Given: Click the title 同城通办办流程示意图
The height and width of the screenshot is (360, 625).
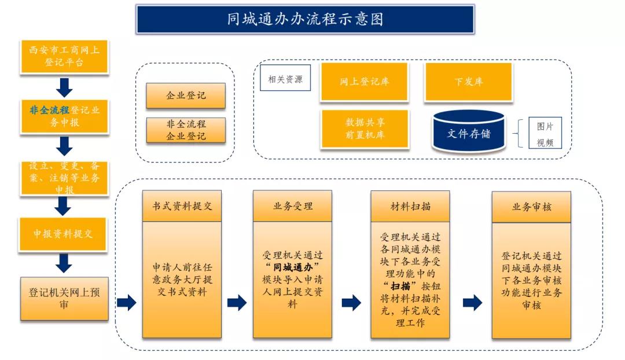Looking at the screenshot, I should pyautogui.click(x=305, y=20).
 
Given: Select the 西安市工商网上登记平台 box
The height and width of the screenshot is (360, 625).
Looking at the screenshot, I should pyautogui.click(x=64, y=56).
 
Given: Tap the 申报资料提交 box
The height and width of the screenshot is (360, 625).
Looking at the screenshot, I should pyautogui.click(x=64, y=234).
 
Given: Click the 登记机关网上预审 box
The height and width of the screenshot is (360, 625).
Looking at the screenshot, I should pyautogui.click(x=64, y=298).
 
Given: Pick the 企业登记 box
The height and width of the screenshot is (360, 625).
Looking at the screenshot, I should pyautogui.click(x=186, y=95).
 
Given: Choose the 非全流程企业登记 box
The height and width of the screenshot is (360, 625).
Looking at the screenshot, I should pyautogui.click(x=186, y=130).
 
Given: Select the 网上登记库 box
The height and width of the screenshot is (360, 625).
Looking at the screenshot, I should pyautogui.click(x=365, y=82).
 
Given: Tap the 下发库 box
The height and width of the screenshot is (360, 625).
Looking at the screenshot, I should pyautogui.click(x=468, y=82).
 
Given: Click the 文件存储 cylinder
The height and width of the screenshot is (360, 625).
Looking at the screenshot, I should pyautogui.click(x=468, y=133).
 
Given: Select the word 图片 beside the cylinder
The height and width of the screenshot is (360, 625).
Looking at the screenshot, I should pyautogui.click(x=545, y=127).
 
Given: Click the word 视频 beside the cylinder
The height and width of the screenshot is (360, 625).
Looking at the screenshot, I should pyautogui.click(x=545, y=142).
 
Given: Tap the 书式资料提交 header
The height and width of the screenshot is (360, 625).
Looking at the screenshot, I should pyautogui.click(x=182, y=206).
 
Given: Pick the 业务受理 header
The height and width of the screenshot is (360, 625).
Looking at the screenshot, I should pyautogui.click(x=292, y=206).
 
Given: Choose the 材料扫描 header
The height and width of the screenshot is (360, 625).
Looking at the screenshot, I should pyautogui.click(x=410, y=206).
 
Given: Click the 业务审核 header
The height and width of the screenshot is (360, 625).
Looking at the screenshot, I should pyautogui.click(x=531, y=207).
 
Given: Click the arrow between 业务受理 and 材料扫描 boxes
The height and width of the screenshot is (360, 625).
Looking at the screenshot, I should pyautogui.click(x=351, y=303).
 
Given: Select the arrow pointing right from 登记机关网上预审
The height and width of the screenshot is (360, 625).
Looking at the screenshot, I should pyautogui.click(x=126, y=303).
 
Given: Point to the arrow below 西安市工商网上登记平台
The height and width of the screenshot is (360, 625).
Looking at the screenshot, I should pyautogui.click(x=64, y=87).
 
